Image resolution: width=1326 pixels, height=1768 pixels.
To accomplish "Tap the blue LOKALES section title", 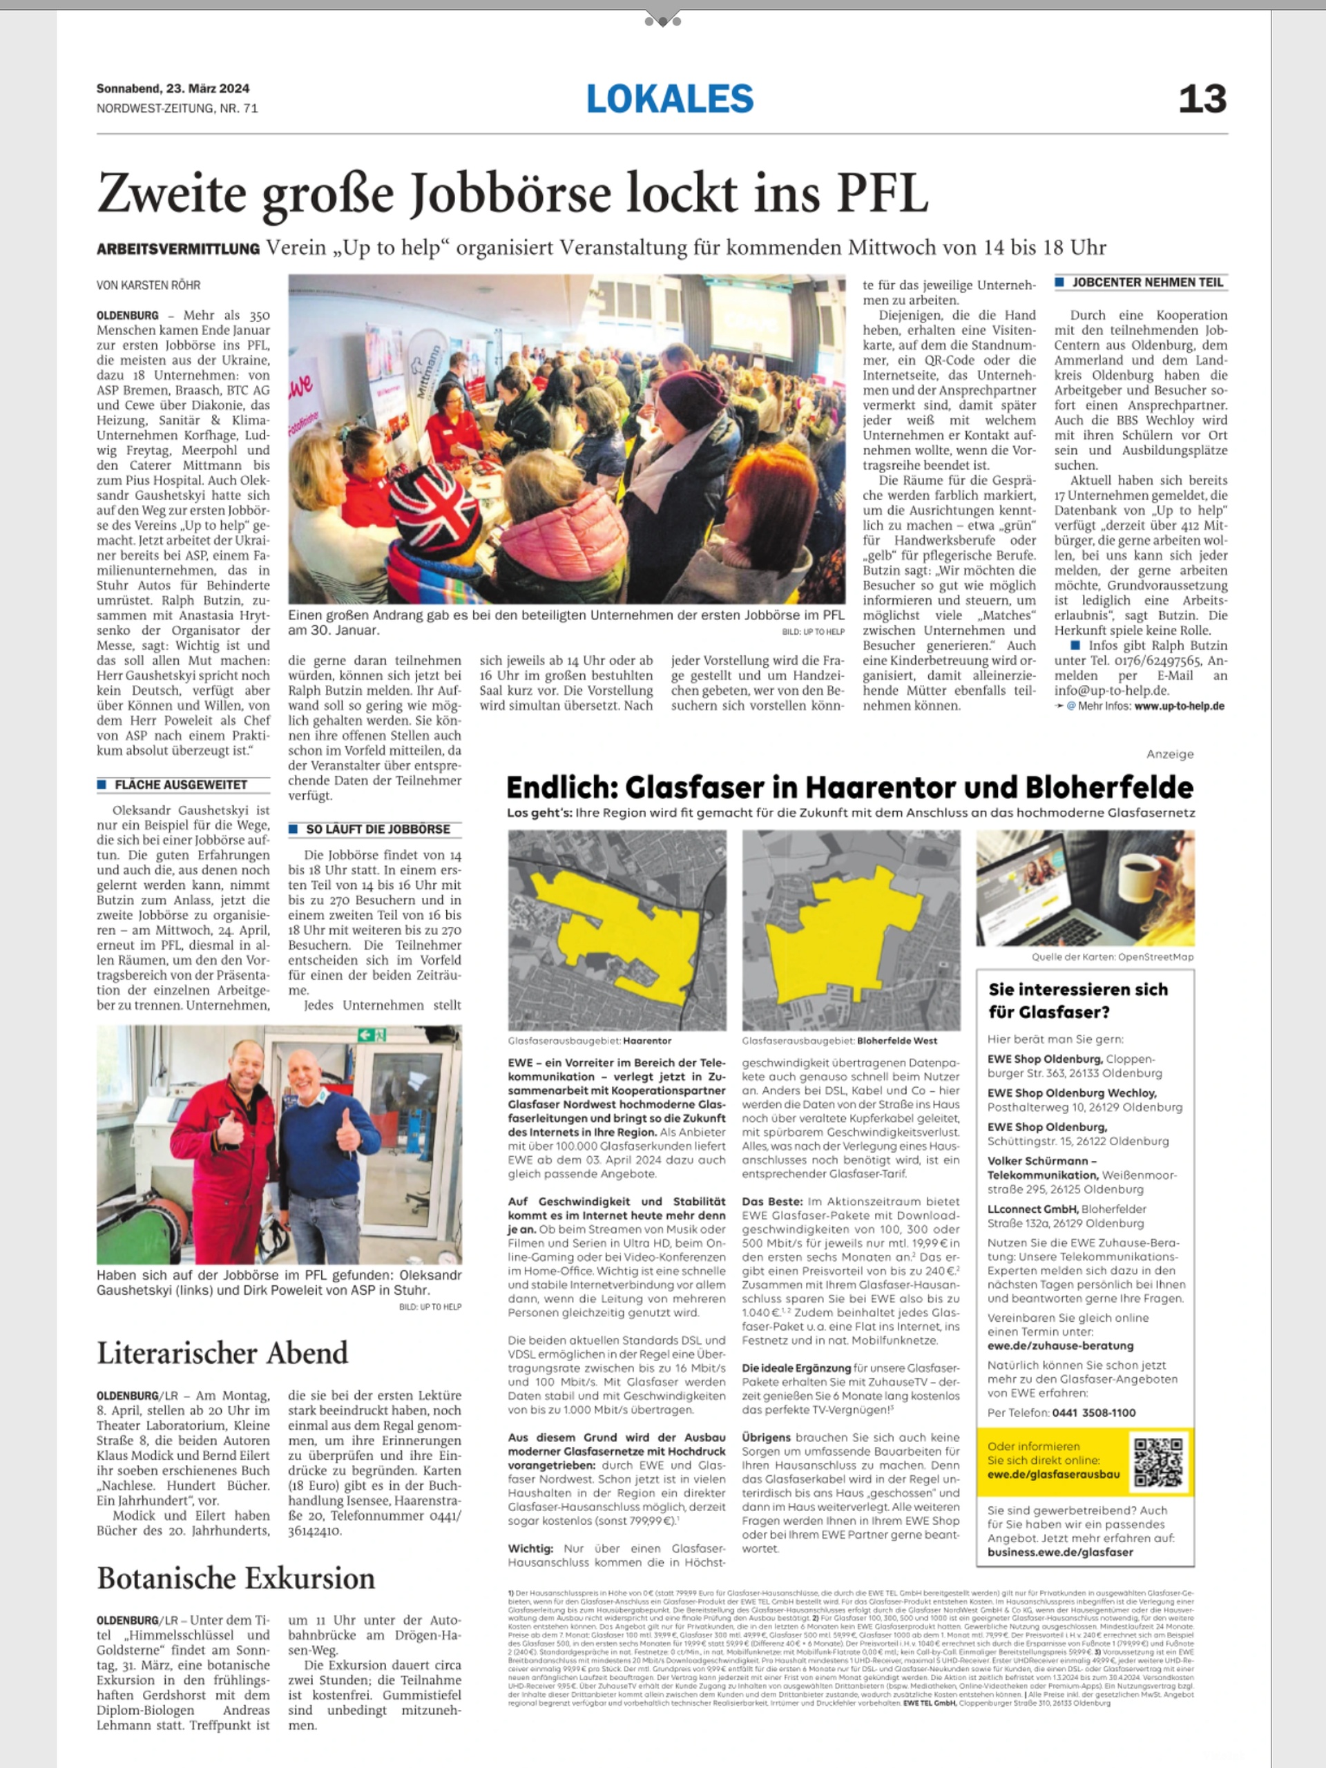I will point(670,99).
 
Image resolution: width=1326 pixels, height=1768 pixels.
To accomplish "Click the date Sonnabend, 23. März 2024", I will point(173,88).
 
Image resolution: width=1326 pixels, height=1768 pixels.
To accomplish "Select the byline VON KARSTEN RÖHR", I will point(148,285).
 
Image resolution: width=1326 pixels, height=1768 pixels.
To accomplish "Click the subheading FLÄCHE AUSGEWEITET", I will point(181,785).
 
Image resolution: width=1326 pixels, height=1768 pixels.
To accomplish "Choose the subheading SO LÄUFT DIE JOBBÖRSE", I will point(378,829).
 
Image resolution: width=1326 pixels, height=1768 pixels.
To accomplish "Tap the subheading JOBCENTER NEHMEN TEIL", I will point(1148,282).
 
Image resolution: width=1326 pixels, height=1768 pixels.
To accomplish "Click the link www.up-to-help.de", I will point(1179,706).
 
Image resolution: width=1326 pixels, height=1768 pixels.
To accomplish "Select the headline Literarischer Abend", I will point(223,1353).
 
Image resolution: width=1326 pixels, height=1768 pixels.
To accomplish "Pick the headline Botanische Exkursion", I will point(236,1578).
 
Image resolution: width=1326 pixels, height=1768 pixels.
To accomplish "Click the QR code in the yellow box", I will point(1157,1462).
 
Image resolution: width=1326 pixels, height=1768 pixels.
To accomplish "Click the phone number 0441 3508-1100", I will point(1093,1412).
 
